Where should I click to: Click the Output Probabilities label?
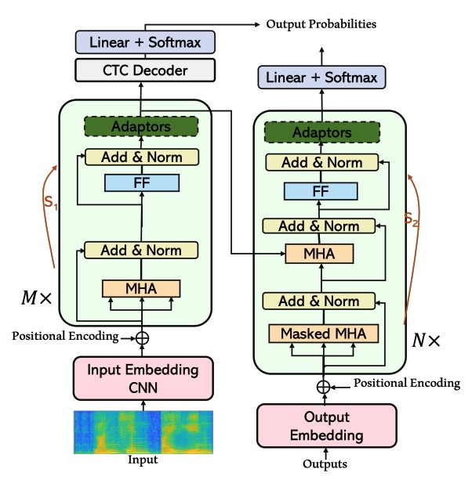[321, 24]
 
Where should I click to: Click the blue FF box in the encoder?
[141, 183]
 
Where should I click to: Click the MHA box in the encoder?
[141, 287]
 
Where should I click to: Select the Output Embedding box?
[324, 427]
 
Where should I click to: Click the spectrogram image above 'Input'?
[142, 431]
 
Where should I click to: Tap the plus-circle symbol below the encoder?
[142, 337]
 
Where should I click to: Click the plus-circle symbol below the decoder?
[322, 385]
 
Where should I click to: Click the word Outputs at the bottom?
[325, 464]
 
